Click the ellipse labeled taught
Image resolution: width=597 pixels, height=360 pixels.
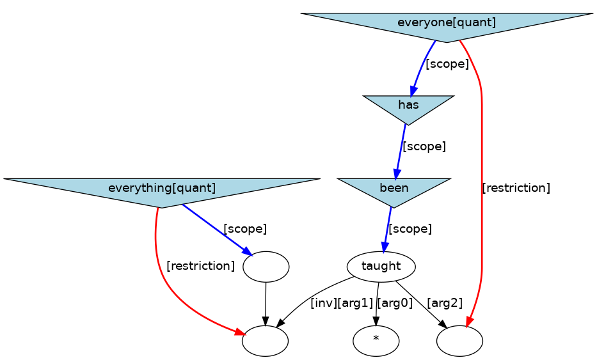pyautogui.click(x=381, y=266)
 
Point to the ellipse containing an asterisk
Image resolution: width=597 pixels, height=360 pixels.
pyautogui.click(x=376, y=341)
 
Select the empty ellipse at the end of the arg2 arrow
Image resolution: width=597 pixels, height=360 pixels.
pyautogui.click(x=459, y=341)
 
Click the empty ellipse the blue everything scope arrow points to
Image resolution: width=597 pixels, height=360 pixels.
pyautogui.click(x=266, y=266)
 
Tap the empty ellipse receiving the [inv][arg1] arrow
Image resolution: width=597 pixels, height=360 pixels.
pyautogui.click(x=265, y=341)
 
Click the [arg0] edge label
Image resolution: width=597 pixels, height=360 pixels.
pyautogui.click(x=395, y=303)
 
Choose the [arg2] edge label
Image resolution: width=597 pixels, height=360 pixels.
pyautogui.click(x=444, y=303)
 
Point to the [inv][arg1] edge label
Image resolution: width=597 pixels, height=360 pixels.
pyautogui.click(x=341, y=303)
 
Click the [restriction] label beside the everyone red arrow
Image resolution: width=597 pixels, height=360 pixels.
pyautogui.click(x=516, y=188)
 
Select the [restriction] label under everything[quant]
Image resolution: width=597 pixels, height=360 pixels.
pyautogui.click(x=200, y=266)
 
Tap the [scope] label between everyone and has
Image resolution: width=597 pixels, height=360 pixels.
pyautogui.click(x=447, y=64)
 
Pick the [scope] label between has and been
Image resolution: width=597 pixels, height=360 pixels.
pyautogui.click(x=424, y=146)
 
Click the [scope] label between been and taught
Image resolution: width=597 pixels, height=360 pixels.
pyautogui.click(x=410, y=229)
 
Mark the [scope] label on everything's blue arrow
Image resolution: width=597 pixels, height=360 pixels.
pyautogui.click(x=244, y=229)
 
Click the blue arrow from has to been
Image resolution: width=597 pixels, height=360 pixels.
pyautogui.click(x=401, y=151)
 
